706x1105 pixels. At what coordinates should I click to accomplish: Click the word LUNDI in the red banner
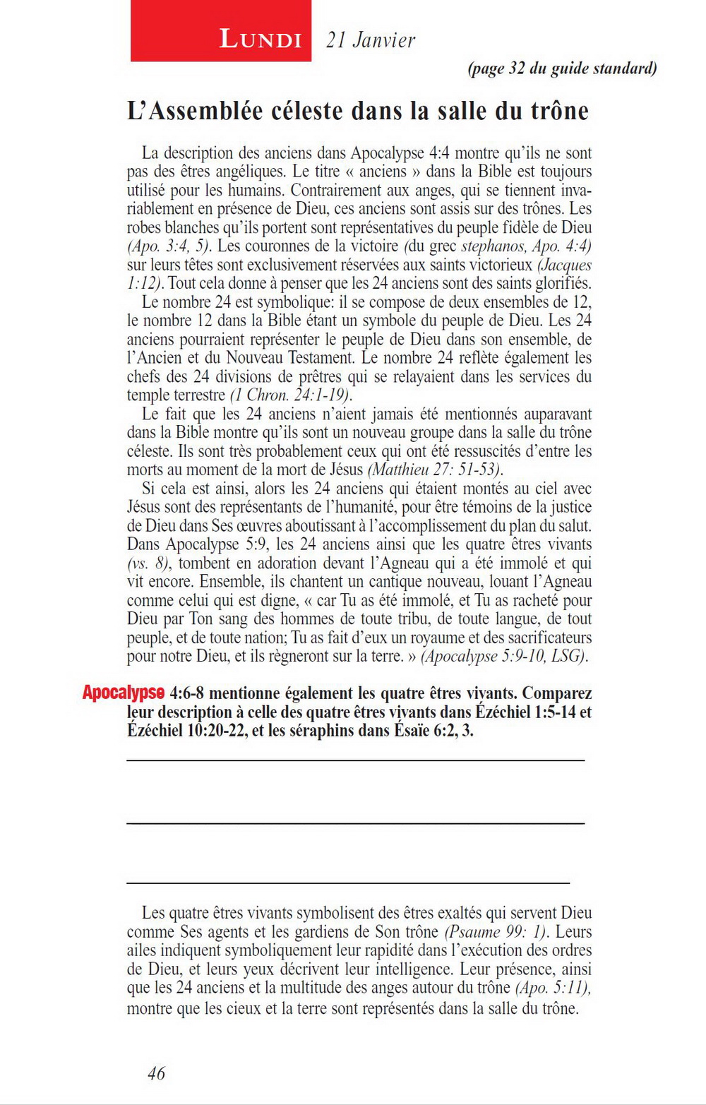261,39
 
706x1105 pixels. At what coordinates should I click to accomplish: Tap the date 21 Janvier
371,40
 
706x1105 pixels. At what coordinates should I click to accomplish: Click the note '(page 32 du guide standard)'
562,68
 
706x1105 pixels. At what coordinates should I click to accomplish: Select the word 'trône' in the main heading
562,111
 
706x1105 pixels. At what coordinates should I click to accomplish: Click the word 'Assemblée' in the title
210,111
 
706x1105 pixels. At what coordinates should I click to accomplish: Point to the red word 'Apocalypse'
124,693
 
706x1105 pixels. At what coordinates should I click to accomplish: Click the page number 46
156,1073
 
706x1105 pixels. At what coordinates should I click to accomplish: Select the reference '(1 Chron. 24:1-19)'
291,395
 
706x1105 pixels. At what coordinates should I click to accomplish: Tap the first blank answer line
355,760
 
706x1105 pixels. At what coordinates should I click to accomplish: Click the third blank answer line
347,883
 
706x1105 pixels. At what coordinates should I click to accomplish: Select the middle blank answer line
355,823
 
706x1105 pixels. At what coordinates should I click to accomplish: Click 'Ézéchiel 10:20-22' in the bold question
187,731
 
